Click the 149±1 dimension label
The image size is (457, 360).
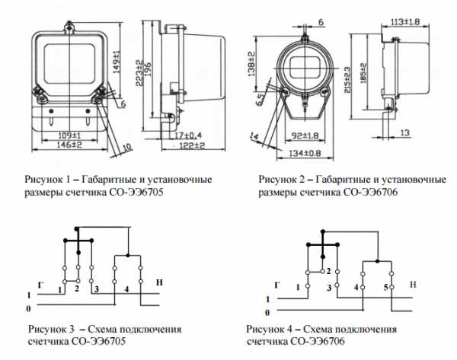[117, 57]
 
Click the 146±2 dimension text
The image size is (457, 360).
[71, 144]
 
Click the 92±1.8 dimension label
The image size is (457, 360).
[304, 136]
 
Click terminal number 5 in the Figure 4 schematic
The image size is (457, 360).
[385, 286]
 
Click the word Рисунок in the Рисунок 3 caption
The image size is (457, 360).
[46, 330]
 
